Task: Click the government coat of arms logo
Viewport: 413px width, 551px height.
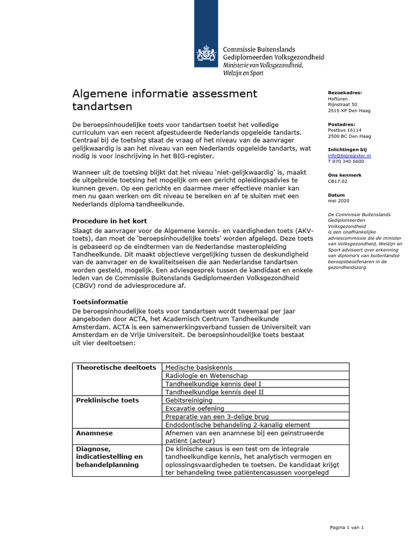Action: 206,54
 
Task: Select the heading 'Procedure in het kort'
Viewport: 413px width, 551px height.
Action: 110,221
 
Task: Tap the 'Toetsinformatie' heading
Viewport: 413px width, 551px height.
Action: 100,302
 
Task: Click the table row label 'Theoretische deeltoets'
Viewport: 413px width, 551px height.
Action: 116,368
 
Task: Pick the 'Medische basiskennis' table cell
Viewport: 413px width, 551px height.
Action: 199,368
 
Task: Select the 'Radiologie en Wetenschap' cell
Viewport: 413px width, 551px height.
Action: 206,376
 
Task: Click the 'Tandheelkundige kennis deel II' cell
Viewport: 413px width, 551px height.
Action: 214,392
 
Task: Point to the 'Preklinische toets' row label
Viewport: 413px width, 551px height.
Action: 108,400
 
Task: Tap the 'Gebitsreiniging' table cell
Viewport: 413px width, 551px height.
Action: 189,400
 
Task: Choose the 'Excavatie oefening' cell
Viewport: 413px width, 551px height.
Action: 195,408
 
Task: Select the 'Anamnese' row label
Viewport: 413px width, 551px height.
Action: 94,433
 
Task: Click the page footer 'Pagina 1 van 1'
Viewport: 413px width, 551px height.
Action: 347,527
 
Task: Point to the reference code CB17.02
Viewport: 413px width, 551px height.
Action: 337,181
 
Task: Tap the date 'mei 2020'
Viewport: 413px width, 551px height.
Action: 338,201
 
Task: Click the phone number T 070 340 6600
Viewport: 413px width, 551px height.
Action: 346,161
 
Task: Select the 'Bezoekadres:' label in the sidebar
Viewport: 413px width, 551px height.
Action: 345,93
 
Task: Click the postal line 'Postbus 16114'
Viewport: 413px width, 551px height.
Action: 345,130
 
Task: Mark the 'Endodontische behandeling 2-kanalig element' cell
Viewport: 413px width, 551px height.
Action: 238,425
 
